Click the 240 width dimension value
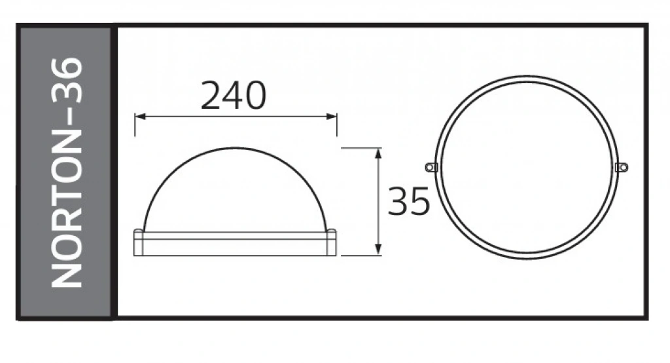coord(234,95)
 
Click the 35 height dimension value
coord(408,201)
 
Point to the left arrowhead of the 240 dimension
coord(140,117)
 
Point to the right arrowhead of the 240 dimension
coord(332,117)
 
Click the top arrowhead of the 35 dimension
coord(378,154)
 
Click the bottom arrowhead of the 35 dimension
coord(378,250)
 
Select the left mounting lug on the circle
coord(431,167)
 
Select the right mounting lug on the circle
coord(622,167)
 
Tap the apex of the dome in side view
coord(236,148)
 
